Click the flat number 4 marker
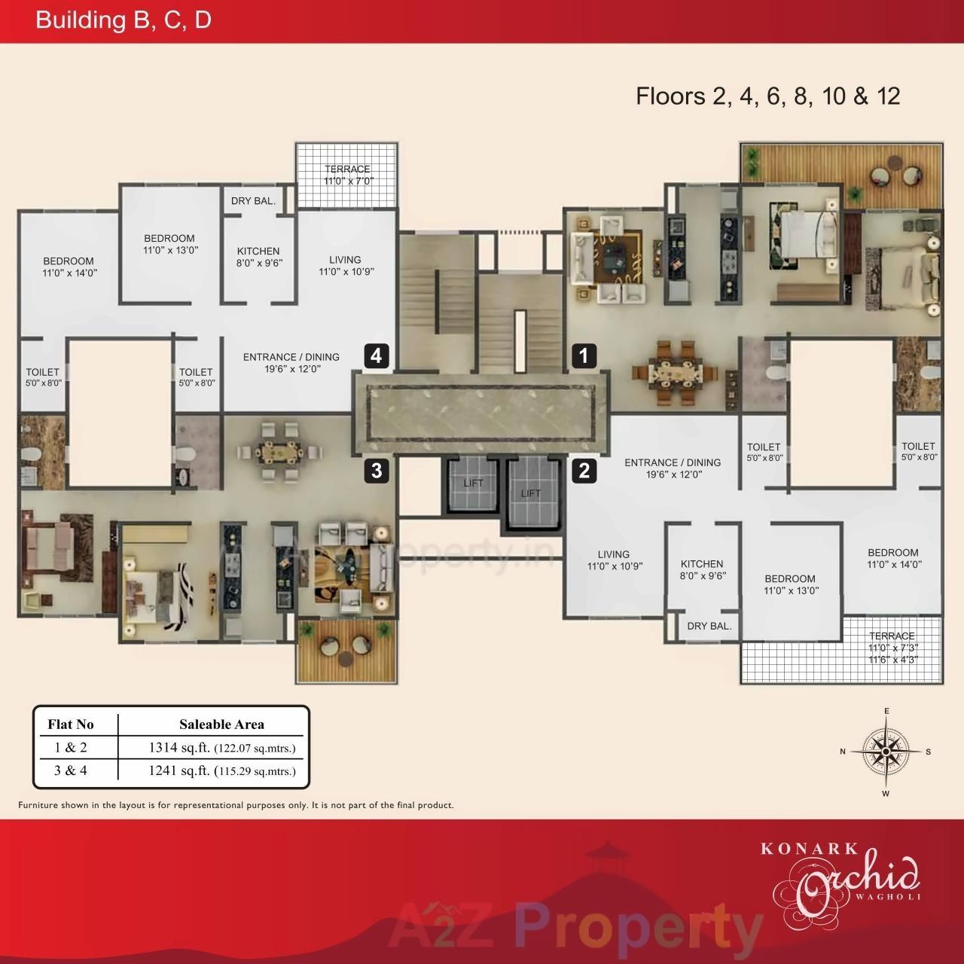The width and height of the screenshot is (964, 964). [377, 355]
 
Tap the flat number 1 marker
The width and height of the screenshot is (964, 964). [584, 355]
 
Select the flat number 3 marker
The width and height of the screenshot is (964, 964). [377, 471]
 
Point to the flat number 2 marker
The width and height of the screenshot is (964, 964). [584, 471]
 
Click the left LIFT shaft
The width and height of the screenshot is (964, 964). [472, 485]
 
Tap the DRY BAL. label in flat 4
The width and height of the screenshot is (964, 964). [253, 201]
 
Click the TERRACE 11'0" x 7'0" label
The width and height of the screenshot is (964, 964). [347, 175]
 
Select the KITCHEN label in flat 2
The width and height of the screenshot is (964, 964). [701, 569]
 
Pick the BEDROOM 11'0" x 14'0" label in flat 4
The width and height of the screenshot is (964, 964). [69, 267]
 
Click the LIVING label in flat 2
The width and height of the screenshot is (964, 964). [614, 560]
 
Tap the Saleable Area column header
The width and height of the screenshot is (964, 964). [221, 725]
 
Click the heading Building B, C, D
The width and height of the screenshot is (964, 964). [124, 20]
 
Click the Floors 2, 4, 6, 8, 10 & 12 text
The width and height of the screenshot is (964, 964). [767, 96]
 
